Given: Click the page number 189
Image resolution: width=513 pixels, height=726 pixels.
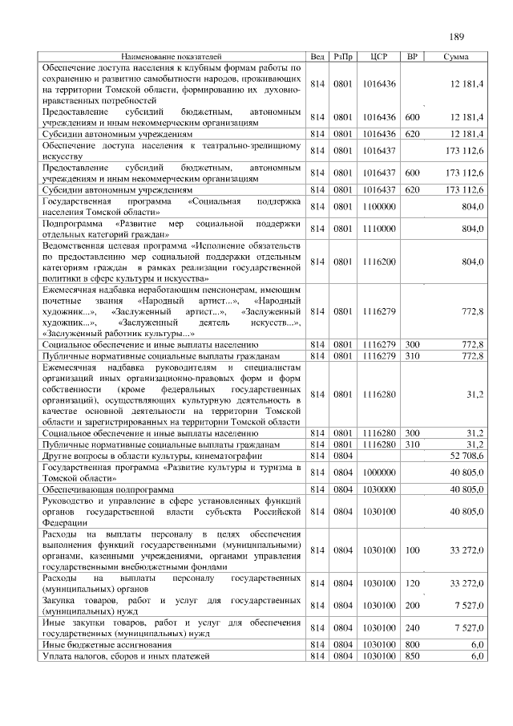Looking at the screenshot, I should click(457, 36).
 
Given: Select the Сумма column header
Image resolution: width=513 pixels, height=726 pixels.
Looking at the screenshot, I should click(456, 58).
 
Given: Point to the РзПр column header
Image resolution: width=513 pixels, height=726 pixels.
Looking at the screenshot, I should click(343, 58).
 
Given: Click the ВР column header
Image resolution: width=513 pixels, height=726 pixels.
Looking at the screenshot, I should click(413, 58).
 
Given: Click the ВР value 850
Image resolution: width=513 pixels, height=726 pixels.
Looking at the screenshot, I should click(413, 656).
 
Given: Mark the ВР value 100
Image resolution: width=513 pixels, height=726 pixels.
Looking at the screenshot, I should click(413, 550).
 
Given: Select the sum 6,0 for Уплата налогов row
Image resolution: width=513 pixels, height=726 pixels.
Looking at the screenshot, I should click(476, 656).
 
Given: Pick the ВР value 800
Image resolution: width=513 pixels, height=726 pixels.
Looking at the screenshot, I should click(413, 644).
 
